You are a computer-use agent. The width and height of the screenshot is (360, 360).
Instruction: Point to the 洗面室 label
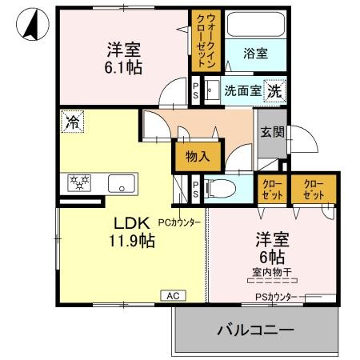242,91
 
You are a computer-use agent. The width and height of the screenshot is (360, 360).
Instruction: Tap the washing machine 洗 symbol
274,90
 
